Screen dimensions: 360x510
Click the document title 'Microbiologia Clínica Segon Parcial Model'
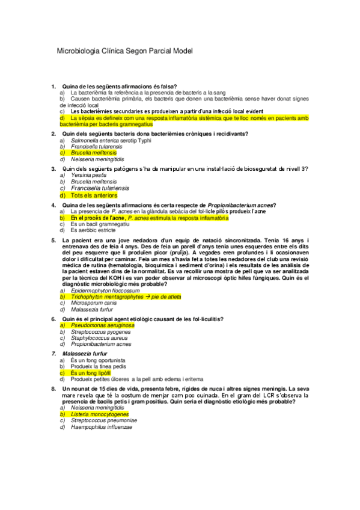click(x=124, y=51)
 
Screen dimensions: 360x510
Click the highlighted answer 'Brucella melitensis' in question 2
click(x=94, y=153)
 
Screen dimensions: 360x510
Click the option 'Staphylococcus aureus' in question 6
click(x=99, y=338)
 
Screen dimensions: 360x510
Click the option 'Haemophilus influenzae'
click(x=101, y=428)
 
